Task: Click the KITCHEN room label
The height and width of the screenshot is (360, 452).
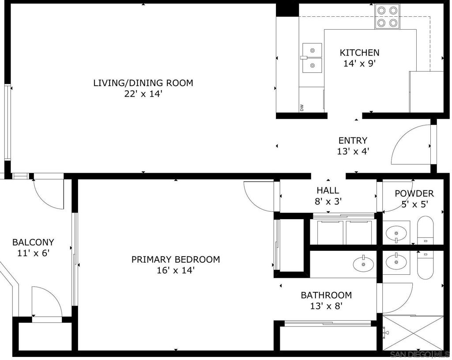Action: (x=359, y=53)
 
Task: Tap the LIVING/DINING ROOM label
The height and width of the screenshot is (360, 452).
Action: (x=143, y=83)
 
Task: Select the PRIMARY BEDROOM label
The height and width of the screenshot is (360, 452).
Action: (x=176, y=260)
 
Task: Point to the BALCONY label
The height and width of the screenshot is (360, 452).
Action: (x=33, y=243)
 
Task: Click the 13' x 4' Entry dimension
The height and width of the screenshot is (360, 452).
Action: (x=353, y=152)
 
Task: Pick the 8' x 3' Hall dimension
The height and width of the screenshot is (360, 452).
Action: (x=328, y=201)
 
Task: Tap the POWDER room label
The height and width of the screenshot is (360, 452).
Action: (x=414, y=193)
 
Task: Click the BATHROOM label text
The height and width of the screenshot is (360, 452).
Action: (x=326, y=295)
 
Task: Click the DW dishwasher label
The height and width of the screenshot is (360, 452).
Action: (x=302, y=108)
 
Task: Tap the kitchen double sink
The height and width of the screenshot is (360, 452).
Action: (x=312, y=58)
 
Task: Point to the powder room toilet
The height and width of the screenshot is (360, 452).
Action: (x=425, y=230)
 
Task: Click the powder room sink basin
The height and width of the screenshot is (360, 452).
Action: (x=396, y=231)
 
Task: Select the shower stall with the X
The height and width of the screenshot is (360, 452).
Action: (x=413, y=333)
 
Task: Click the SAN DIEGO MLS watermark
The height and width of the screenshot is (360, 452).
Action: (x=419, y=354)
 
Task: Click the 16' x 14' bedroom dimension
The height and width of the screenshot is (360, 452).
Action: (x=176, y=271)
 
